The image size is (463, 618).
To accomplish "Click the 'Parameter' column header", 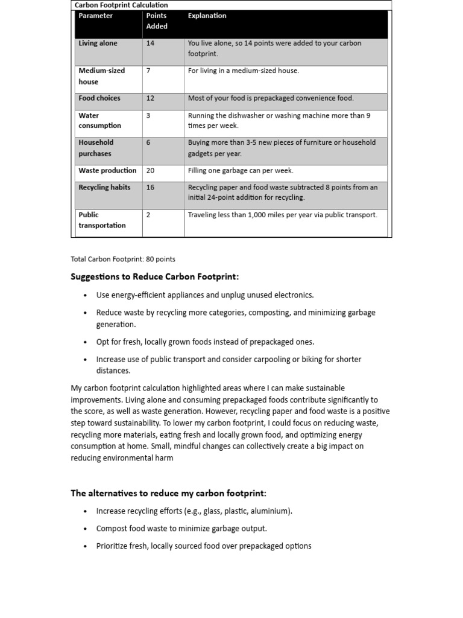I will coord(95,16).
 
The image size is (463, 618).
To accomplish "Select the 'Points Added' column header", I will coord(157,21).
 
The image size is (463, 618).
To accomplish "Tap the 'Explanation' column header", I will coord(207,16).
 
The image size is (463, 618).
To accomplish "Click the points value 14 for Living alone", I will coord(150,43).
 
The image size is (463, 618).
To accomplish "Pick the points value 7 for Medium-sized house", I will coord(148,71).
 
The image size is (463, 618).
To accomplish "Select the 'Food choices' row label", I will coord(99,98).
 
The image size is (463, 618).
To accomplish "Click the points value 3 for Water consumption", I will coord(148,115).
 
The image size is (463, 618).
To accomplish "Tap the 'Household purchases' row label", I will coord(96,148).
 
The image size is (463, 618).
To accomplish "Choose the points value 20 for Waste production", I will coord(150,171).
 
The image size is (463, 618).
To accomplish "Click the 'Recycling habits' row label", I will coord(104,187).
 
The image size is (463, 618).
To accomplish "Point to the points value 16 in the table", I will coord(150,187).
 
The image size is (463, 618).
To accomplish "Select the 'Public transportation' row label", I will coord(102,220).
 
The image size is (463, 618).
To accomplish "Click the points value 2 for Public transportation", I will coord(148,214).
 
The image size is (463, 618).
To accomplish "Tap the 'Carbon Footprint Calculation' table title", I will coord(121,5).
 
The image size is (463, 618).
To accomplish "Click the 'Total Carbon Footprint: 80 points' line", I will coord(123,259).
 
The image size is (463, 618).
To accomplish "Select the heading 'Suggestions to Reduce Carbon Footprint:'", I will coord(155,277).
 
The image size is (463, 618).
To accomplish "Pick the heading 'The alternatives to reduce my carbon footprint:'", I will coord(168,493).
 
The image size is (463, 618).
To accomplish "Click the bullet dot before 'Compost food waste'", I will coord(86,529).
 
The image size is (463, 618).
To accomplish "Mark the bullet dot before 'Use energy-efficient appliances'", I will coord(86,296).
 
